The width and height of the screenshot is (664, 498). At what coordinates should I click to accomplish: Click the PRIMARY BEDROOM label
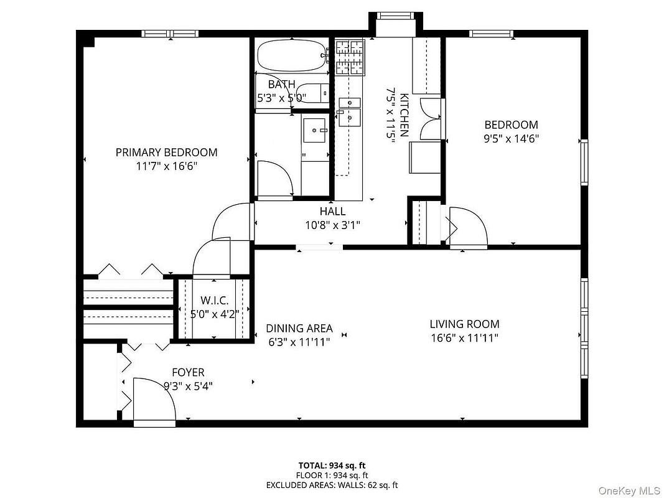click(x=166, y=152)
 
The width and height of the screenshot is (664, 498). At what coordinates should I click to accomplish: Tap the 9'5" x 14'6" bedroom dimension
click(x=511, y=138)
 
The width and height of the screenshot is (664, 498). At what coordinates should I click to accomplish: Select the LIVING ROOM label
click(x=464, y=324)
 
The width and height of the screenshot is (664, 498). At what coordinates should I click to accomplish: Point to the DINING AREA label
click(x=299, y=328)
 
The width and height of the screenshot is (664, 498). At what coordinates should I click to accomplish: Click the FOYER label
click(x=188, y=372)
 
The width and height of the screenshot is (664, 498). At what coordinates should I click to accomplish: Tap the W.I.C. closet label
click(x=214, y=301)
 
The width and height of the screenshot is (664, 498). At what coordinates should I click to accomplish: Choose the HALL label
click(x=332, y=211)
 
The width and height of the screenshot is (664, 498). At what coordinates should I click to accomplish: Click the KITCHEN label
click(x=404, y=115)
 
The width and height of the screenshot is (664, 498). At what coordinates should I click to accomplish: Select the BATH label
click(x=282, y=84)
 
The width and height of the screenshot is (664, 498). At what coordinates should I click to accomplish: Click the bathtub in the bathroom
click(x=292, y=56)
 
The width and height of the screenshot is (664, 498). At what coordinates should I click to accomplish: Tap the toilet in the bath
click(x=312, y=93)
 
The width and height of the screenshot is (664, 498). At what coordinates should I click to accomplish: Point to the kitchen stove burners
click(x=350, y=57)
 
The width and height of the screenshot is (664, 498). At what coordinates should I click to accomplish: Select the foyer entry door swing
click(x=154, y=400)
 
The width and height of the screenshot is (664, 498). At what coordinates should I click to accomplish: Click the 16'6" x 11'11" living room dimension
click(x=464, y=338)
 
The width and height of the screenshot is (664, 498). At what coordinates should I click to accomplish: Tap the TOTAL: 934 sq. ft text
click(x=332, y=466)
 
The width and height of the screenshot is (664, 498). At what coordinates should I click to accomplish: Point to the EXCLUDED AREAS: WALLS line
click(x=332, y=485)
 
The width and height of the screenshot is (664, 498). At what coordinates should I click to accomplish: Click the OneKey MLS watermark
click(x=629, y=491)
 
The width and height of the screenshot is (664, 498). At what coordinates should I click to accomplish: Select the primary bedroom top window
click(x=170, y=34)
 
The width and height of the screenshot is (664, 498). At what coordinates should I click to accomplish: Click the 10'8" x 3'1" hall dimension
click(x=332, y=225)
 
